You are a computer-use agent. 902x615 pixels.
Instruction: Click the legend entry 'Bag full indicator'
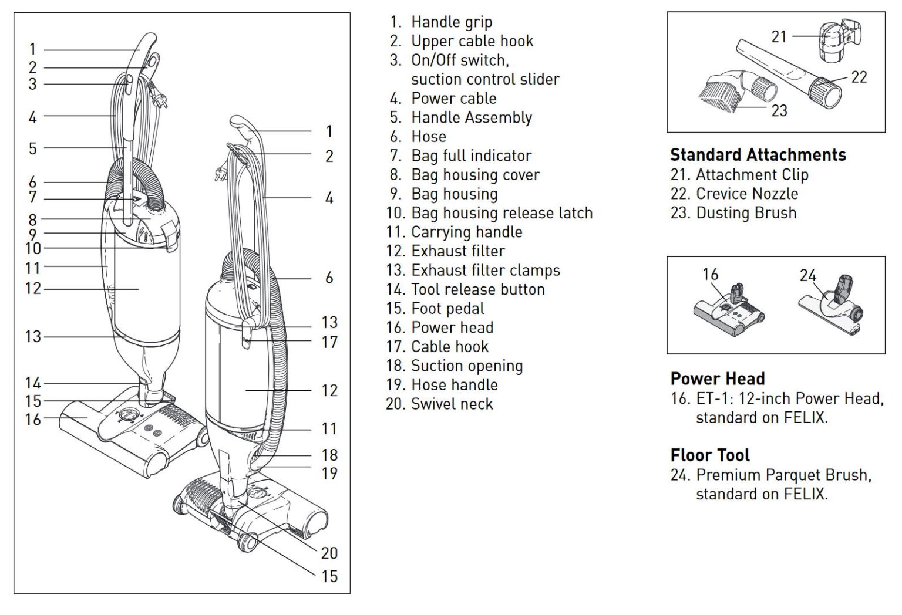click(x=471, y=156)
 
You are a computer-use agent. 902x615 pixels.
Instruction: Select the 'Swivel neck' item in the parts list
click(x=452, y=404)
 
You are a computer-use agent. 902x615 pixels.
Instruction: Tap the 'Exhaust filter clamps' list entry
click(x=485, y=271)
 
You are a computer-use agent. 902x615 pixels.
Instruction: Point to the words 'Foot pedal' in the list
click(x=447, y=309)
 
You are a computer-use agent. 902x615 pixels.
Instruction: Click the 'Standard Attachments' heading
click(x=758, y=155)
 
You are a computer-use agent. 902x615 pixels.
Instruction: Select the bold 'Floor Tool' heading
click(x=710, y=455)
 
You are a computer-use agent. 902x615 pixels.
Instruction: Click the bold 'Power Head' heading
click(x=717, y=379)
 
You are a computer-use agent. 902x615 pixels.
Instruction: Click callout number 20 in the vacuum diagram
click(x=329, y=553)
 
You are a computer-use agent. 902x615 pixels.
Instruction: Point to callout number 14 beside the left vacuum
click(x=33, y=383)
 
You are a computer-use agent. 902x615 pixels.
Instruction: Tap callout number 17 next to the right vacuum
click(x=329, y=342)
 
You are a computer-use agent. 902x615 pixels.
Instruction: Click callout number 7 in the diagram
click(x=33, y=198)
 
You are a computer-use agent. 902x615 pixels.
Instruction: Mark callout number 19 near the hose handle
click(x=329, y=473)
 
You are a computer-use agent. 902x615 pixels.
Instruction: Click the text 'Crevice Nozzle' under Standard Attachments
click(x=746, y=194)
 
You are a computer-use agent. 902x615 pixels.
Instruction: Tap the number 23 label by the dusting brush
click(x=779, y=110)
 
